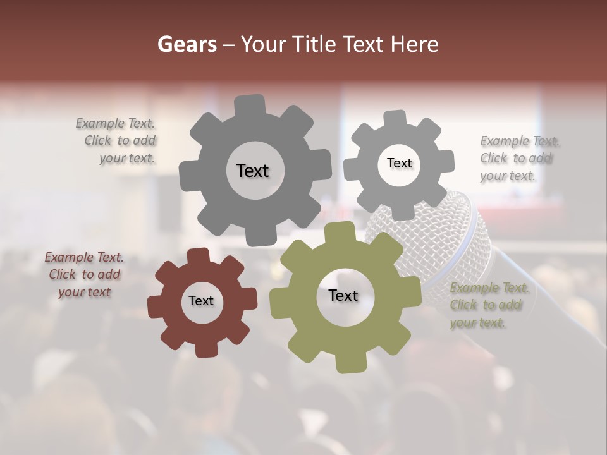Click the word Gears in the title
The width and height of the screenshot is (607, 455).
187,44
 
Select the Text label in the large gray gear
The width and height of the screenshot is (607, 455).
252,171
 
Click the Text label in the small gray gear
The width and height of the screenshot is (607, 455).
399,163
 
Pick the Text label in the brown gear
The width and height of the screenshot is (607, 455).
201,301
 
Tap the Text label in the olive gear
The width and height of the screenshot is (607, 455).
343,295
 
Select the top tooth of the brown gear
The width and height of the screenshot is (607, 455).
198,257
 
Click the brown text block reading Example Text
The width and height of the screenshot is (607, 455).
83,275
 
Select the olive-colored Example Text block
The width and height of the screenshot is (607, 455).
489,305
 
